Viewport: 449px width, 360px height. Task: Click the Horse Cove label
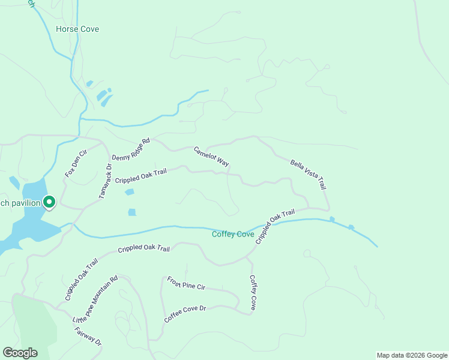click(x=77, y=29)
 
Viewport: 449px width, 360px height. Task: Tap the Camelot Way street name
click(x=211, y=157)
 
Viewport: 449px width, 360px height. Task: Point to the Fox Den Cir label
click(x=76, y=163)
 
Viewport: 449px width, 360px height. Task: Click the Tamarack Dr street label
click(x=105, y=181)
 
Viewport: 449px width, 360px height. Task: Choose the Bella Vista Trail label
click(x=307, y=174)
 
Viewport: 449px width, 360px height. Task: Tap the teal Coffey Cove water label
click(x=233, y=234)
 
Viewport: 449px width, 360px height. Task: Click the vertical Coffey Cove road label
click(x=253, y=292)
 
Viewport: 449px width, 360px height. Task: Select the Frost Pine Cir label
click(x=186, y=283)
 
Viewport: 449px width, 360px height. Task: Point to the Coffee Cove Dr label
click(x=185, y=314)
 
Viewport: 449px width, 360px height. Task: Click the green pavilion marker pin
click(x=49, y=203)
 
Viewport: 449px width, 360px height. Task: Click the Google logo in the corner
click(x=20, y=353)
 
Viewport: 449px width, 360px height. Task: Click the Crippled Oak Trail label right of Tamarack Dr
click(x=140, y=176)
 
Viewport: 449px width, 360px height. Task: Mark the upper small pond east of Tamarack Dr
click(x=129, y=192)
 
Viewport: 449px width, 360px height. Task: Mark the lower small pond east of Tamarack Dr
click(x=131, y=212)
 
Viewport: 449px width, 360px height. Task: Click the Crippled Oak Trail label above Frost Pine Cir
click(x=143, y=248)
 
